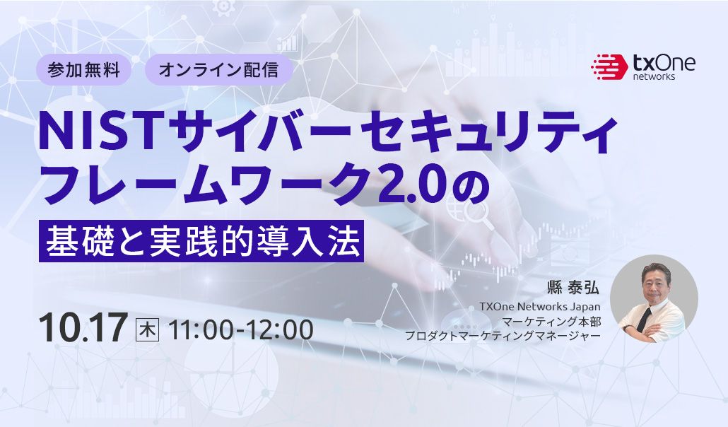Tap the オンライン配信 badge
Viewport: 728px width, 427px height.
click(218, 70)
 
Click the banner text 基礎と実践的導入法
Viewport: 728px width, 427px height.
click(201, 242)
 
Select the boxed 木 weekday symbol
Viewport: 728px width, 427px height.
click(147, 329)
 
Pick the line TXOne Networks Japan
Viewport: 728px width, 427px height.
click(539, 307)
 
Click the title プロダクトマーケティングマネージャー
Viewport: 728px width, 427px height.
click(503, 336)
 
